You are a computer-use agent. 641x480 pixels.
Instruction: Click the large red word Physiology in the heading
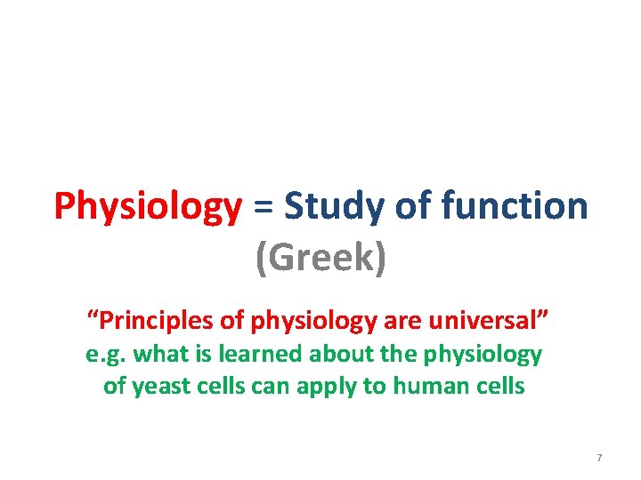pos(147,208)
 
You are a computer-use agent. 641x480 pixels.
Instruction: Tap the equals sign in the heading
pos(263,208)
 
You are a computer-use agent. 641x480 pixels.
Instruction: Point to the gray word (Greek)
pos(320,259)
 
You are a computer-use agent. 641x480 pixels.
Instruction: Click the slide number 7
pos(599,457)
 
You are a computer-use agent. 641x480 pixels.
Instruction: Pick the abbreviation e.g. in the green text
pos(106,355)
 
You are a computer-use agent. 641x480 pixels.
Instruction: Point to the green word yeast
pos(158,388)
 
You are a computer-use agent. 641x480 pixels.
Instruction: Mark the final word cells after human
pos(500,387)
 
